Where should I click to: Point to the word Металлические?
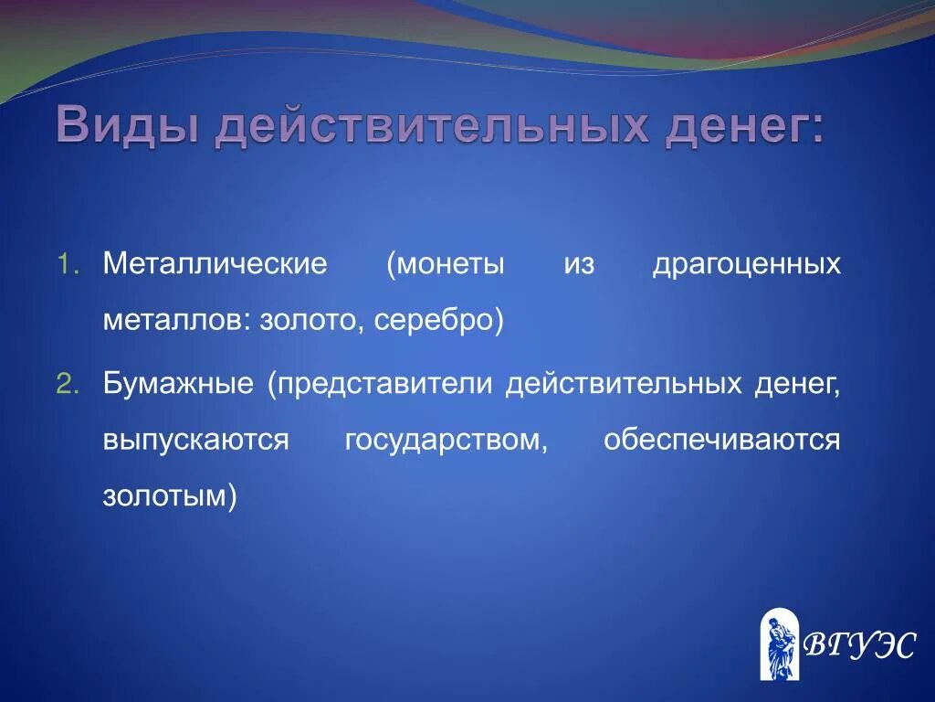click(x=215, y=265)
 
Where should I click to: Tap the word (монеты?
click(x=445, y=265)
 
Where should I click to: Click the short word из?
click(x=578, y=265)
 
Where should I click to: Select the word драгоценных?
click(x=746, y=265)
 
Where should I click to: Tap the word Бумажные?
click(x=178, y=384)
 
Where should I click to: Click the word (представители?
click(x=381, y=384)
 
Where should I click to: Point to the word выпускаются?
click(x=196, y=441)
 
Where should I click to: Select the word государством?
click(x=446, y=441)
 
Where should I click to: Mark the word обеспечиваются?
click(x=721, y=441)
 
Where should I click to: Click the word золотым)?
click(x=170, y=496)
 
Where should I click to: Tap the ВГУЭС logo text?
click(x=858, y=645)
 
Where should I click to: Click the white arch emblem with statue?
click(x=779, y=644)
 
